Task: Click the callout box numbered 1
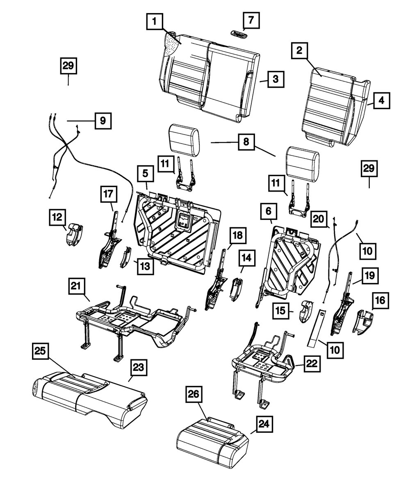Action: pyautogui.click(x=154, y=21)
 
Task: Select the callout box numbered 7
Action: pyautogui.click(x=250, y=20)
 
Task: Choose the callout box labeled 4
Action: pyautogui.click(x=381, y=100)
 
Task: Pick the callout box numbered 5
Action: pyautogui.click(x=145, y=174)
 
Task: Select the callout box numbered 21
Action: pyautogui.click(x=77, y=286)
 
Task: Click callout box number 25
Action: pyautogui.click(x=42, y=352)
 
